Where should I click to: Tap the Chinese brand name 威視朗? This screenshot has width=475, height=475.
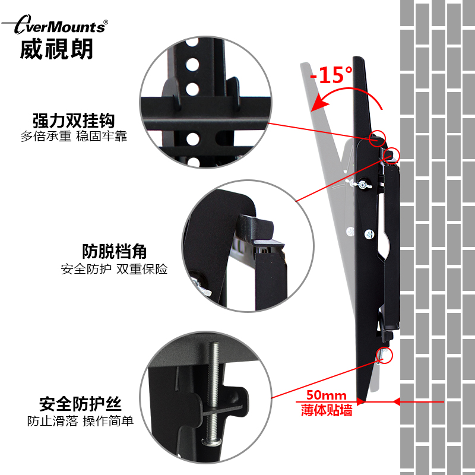pos(56,49)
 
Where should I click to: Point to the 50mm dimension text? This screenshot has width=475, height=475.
pos(326,394)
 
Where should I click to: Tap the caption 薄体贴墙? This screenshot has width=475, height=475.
pos(326,409)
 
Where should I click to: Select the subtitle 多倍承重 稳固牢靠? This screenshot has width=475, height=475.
pos(74,136)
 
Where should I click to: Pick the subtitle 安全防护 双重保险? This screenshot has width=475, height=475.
pos(115,269)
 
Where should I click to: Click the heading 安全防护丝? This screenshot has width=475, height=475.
pos(81,405)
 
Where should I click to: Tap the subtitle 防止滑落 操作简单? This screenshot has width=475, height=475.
pos(81,422)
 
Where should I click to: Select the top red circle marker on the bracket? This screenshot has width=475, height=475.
pos(376,139)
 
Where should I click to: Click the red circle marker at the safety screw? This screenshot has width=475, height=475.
pos(385,354)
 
